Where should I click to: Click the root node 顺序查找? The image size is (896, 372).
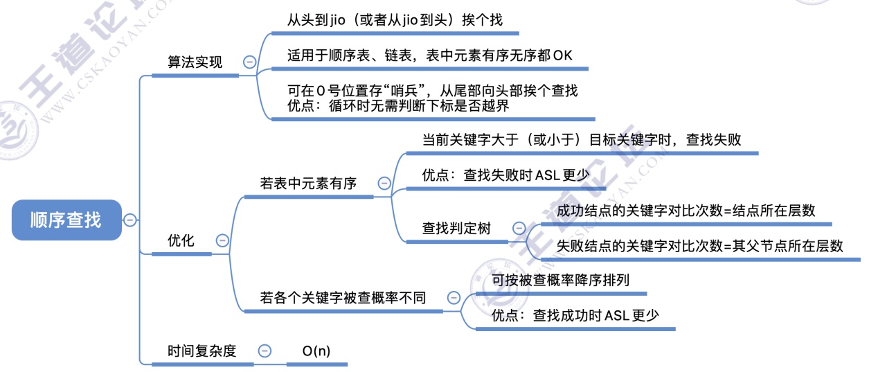tap(66, 220)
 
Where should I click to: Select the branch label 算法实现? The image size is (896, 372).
tap(195, 62)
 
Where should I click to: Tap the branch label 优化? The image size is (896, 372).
tap(181, 241)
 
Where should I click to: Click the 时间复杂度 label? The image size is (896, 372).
tap(201, 351)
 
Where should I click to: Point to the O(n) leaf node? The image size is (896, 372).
tap(316, 351)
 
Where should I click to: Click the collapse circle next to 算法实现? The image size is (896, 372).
tap(249, 62)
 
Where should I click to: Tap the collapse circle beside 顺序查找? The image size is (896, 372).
tap(129, 220)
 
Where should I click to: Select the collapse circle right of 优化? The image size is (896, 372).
tap(222, 241)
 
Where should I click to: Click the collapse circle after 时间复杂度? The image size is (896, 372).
tap(264, 351)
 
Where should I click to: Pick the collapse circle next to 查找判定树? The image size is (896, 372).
tap(518, 228)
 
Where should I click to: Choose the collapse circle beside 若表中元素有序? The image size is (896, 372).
tap(384, 184)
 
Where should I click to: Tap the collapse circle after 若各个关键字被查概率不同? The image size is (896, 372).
tap(454, 298)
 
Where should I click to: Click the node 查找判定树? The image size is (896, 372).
tap(456, 228)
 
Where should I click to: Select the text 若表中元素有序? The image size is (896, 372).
tap(308, 184)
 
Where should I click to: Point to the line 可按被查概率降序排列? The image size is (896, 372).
tap(560, 281)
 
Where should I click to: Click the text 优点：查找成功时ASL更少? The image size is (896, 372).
tap(575, 316)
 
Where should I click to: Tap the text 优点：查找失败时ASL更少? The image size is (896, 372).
tap(506, 175)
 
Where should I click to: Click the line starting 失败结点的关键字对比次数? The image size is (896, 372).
tap(700, 246)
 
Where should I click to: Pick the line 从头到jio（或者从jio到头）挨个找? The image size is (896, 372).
tap(395, 20)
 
